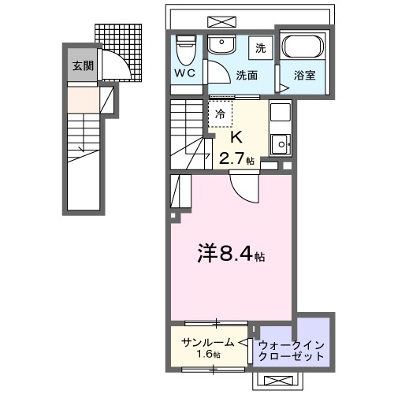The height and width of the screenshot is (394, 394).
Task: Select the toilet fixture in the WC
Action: tap(186, 50)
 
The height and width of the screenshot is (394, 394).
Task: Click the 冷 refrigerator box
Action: tap(221, 114)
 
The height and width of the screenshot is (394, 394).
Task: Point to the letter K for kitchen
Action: tap(234, 136)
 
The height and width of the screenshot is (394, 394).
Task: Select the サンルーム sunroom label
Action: tap(207, 342)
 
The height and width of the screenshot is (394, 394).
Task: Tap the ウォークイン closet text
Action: tap(292, 344)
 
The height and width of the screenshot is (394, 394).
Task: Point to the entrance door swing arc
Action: tap(110, 61)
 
